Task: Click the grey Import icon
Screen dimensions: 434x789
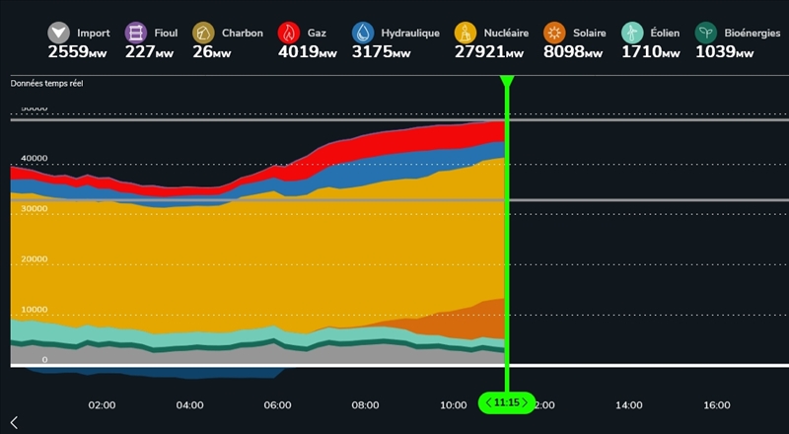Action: click(x=60, y=33)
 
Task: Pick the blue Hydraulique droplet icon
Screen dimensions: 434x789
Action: click(x=365, y=33)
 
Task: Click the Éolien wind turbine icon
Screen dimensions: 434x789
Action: click(x=632, y=33)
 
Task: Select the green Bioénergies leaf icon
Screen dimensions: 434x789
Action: click(x=706, y=33)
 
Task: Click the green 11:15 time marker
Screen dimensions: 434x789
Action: click(x=507, y=402)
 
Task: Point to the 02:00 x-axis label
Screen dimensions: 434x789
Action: click(x=102, y=404)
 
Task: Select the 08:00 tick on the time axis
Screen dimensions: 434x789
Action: click(x=366, y=404)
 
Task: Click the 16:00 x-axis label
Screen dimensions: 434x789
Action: click(x=717, y=404)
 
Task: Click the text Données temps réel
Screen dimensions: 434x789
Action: click(x=47, y=84)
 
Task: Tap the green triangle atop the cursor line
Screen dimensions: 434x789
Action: click(x=507, y=81)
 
